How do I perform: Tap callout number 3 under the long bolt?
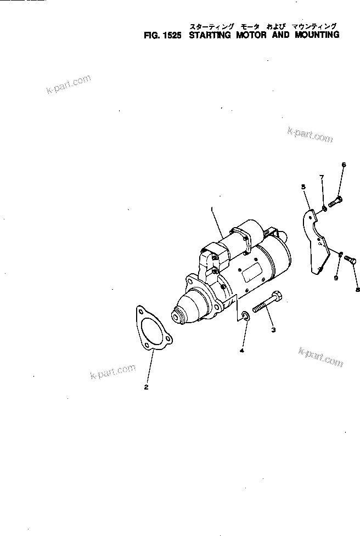coord(273,330)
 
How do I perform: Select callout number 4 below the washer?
coord(242,350)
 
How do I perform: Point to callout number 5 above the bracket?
coord(303,187)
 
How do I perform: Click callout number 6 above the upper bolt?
coord(344,164)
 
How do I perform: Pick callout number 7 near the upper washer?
coord(322,177)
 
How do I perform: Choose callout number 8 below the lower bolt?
coord(358,290)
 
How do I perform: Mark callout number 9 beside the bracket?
coord(336,278)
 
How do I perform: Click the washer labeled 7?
coord(324,208)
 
